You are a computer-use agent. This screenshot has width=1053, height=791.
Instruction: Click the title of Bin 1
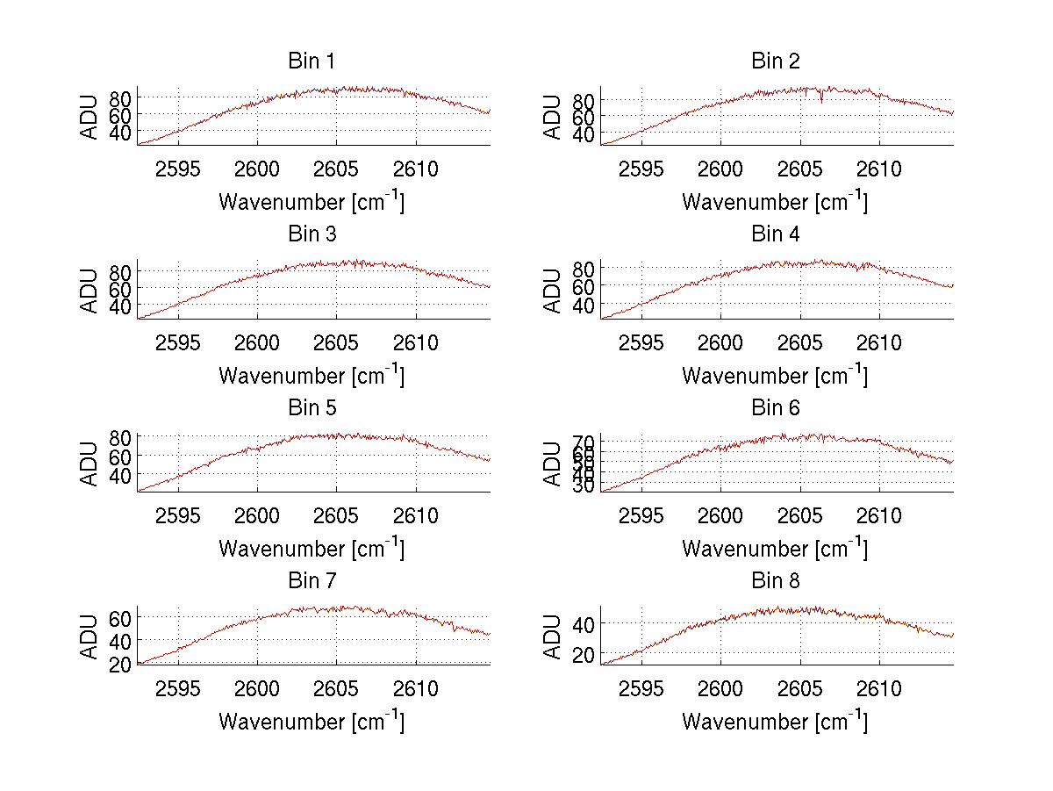pos(312,61)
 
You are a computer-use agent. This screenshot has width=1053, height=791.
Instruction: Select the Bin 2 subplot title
pos(775,61)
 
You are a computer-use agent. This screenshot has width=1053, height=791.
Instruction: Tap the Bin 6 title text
pos(775,408)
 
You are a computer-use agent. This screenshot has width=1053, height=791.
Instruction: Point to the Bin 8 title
pos(775,581)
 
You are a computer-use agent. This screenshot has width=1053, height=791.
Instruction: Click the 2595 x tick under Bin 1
pos(179,169)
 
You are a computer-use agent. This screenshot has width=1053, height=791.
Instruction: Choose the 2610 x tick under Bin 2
pos(879,169)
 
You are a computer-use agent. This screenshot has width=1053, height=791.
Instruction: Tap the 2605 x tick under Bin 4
pos(800,342)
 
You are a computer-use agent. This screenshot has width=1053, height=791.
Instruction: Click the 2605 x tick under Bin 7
pos(337,689)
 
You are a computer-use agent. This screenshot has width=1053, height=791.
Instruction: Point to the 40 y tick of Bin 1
pos(120,133)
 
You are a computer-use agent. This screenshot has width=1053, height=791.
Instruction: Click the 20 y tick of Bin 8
pos(584,655)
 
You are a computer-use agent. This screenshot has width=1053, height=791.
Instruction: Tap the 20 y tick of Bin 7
pos(120,664)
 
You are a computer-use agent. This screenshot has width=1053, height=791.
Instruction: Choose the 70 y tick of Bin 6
pos(584,441)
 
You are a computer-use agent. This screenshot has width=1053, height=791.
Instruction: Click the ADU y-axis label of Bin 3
pos(90,291)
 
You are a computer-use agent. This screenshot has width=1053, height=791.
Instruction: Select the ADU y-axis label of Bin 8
pos(553,636)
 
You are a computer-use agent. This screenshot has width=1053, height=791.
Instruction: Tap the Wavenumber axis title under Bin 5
pos(312,550)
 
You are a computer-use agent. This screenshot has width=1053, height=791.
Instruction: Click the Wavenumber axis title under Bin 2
pos(775,203)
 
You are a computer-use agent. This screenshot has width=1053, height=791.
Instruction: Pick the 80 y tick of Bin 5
pos(120,436)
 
